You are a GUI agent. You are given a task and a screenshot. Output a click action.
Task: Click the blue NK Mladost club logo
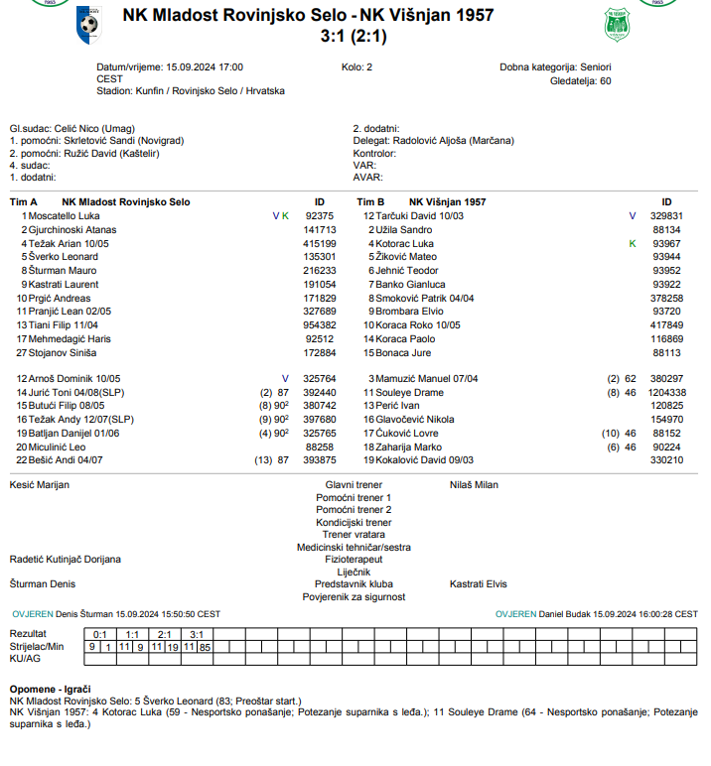click(x=88, y=24)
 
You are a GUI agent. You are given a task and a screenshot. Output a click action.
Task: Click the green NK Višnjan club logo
click(x=618, y=25)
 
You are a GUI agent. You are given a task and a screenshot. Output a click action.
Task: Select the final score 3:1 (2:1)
click(x=355, y=36)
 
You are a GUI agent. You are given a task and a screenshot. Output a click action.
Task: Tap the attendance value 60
click(x=605, y=81)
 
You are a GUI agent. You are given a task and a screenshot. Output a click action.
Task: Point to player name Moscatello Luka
click(x=65, y=215)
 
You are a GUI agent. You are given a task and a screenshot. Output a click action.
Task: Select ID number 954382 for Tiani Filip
click(x=319, y=325)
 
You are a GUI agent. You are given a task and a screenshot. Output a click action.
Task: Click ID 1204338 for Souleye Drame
click(x=666, y=393)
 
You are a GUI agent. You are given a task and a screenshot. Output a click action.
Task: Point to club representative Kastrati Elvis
click(x=479, y=584)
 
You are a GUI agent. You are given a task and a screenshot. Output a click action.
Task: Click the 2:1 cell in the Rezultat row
click(x=164, y=634)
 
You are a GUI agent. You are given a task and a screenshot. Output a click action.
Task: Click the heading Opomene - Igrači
click(x=51, y=689)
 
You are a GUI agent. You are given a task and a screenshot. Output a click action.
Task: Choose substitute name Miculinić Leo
click(x=61, y=447)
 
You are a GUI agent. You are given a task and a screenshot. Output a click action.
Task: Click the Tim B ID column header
click(x=666, y=201)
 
